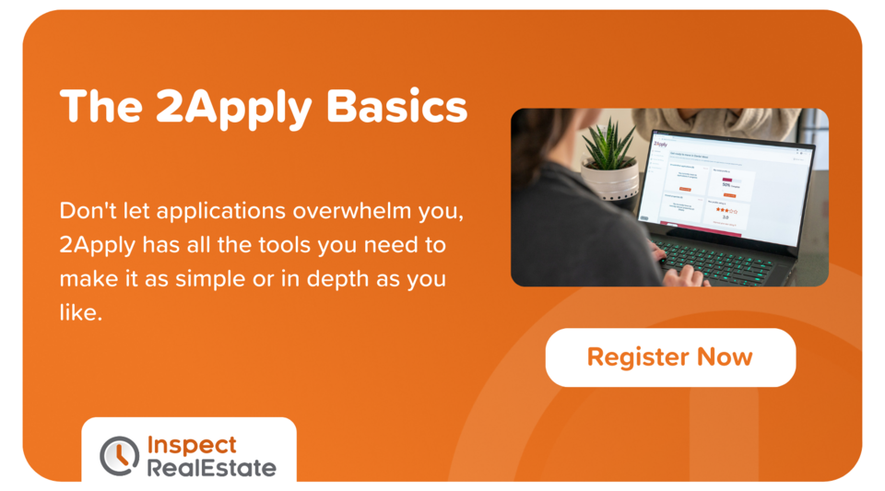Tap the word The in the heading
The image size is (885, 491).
99,109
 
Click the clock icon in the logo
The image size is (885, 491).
119,455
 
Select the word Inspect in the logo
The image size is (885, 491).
192,444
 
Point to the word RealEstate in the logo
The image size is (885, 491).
211,467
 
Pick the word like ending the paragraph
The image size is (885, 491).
77,312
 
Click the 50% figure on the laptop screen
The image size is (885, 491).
726,184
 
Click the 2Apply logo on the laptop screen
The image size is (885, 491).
660,145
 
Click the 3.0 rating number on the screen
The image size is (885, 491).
726,217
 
